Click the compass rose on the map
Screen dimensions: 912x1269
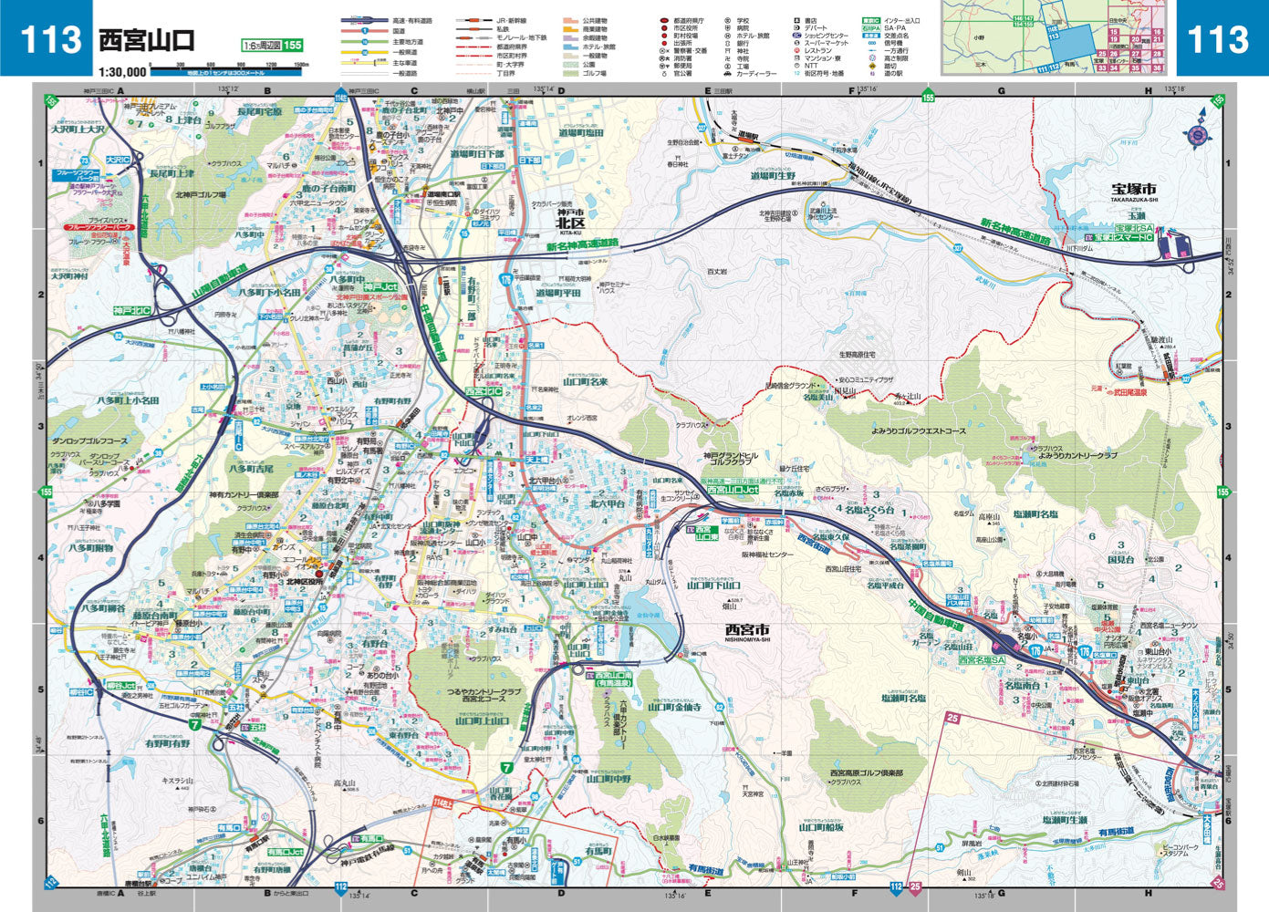tap(1197, 134)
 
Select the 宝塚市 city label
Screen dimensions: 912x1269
tap(1134, 188)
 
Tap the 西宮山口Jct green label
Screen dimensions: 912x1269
tap(733, 490)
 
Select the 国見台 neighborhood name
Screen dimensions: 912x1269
tap(1120, 559)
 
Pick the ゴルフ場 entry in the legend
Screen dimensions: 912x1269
tap(594, 73)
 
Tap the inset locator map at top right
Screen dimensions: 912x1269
tap(1057, 37)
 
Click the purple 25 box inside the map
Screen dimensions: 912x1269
tap(953, 719)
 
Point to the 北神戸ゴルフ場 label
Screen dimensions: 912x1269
tap(200, 195)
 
